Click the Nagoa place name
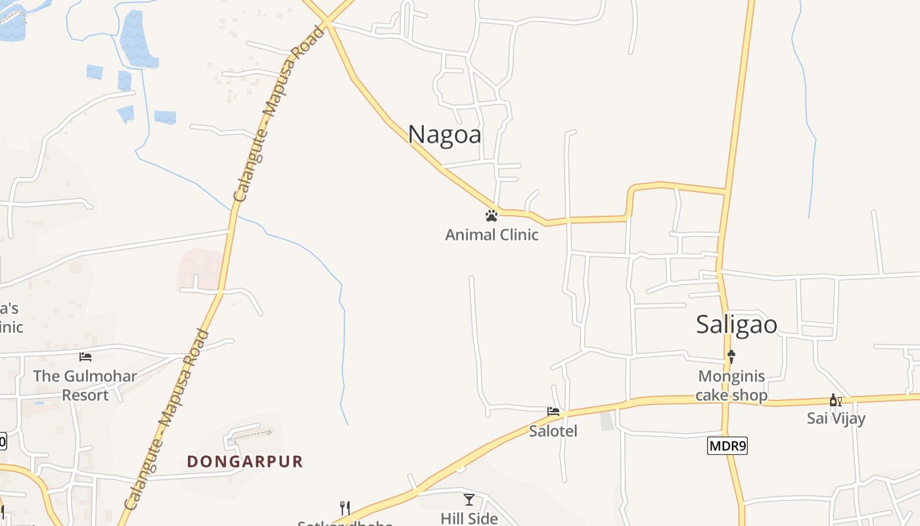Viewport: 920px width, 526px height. (444, 134)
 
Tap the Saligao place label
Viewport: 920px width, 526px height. (737, 324)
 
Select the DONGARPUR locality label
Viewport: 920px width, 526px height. (245, 462)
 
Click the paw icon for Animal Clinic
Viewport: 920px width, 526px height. (491, 215)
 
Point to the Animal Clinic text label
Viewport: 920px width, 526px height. (492, 235)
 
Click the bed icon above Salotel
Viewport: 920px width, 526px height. (553, 412)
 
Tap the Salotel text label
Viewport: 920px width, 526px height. (553, 431)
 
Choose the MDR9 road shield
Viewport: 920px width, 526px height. (727, 446)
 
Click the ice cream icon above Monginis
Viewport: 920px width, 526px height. (731, 357)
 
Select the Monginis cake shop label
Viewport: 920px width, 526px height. (731, 386)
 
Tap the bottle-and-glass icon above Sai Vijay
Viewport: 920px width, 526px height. (835, 400)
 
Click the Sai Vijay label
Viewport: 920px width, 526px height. (836, 418)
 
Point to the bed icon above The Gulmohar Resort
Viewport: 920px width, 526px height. (85, 357)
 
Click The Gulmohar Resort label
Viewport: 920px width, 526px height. (85, 386)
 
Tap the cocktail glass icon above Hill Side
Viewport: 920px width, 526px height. (469, 500)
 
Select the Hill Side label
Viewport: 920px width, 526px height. (469, 519)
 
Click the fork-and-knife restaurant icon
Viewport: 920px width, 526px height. (344, 508)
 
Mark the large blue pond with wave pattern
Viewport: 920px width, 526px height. (137, 39)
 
